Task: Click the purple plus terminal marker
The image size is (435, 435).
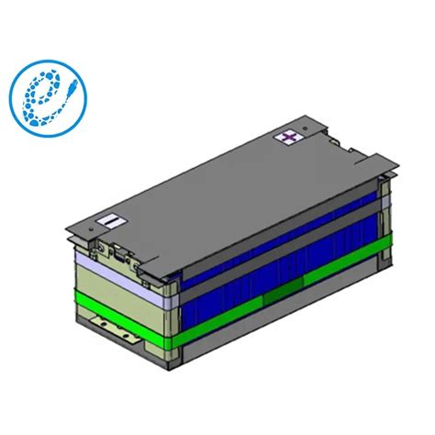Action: coord(291,137)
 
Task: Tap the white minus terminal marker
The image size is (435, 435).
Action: coord(109,220)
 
